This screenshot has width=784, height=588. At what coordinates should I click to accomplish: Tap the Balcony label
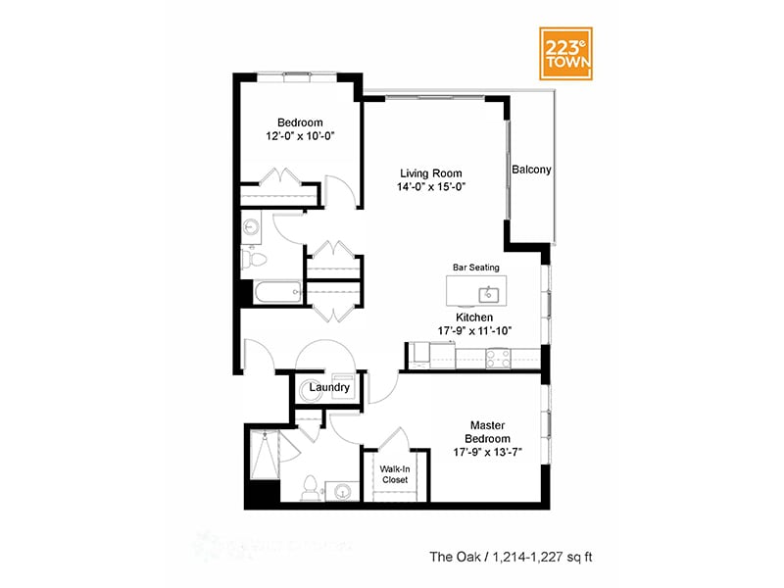(531, 170)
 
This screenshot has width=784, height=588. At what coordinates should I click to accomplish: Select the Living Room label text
(423, 173)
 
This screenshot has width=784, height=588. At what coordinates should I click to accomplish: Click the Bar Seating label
(475, 267)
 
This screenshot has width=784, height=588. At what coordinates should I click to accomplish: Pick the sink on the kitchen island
(487, 293)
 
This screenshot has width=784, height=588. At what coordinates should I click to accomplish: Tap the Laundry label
(329, 387)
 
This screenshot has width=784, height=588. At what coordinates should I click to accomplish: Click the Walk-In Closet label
(395, 474)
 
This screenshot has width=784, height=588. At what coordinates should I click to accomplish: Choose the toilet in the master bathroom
(311, 486)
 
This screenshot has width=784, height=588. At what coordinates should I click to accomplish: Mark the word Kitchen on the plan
(473, 318)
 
